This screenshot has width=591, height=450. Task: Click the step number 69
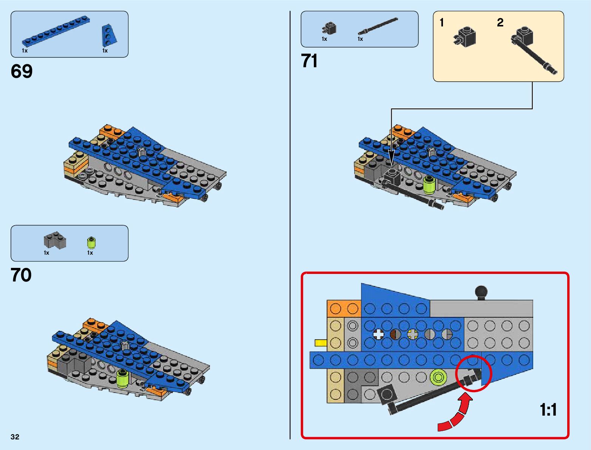[x=22, y=71]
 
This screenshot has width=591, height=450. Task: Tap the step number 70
[x=21, y=275]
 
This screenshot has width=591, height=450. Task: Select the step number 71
[x=309, y=61]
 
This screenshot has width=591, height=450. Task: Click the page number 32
[x=15, y=437]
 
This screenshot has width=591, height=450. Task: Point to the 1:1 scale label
[x=548, y=410]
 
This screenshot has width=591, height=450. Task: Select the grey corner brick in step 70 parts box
[x=55, y=241]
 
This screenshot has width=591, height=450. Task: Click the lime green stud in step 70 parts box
[x=91, y=242]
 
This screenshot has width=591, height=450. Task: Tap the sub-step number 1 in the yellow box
[x=442, y=23]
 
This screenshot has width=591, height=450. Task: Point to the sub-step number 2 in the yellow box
[x=500, y=23]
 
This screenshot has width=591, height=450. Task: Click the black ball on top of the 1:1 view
[x=481, y=292]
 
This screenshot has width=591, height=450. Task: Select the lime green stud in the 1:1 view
[x=438, y=377]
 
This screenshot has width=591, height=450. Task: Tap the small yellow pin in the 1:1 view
[x=321, y=343]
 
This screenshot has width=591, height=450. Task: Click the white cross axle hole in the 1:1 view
[x=378, y=334]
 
